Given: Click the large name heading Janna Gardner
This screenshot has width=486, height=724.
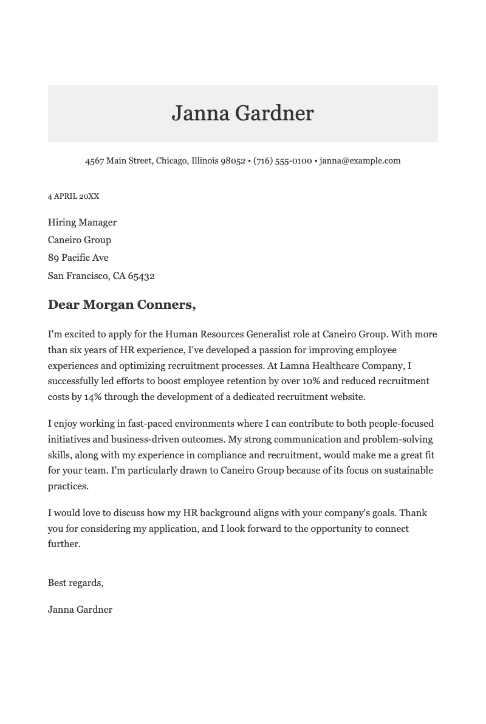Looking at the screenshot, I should click(x=242, y=114).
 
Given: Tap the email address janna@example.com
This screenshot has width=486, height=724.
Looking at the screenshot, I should click(x=360, y=161).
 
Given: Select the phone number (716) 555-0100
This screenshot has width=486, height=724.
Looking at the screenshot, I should click(x=282, y=161).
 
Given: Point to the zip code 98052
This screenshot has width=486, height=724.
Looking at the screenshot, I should click(x=233, y=161).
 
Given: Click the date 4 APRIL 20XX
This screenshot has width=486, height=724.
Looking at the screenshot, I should click(x=74, y=196).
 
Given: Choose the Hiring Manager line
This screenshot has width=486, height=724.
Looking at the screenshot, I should click(x=82, y=222).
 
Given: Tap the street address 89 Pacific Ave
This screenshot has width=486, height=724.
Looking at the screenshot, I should click(x=78, y=258).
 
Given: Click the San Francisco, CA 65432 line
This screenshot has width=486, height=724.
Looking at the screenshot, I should click(x=101, y=276).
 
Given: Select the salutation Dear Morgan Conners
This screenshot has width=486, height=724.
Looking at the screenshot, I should click(x=122, y=305).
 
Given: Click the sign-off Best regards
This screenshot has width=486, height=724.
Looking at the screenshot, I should click(x=75, y=583).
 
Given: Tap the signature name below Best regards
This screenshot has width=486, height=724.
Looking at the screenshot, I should click(x=80, y=610).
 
